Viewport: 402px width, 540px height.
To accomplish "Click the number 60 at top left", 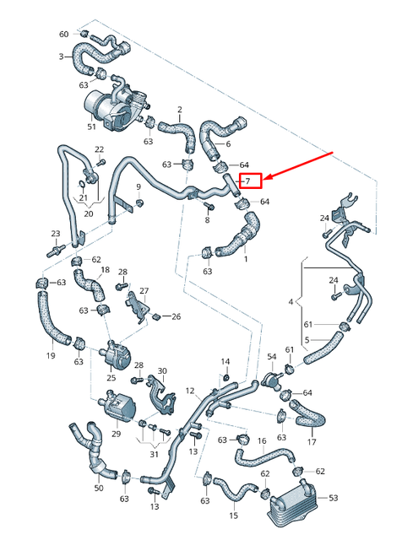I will coord(63,34).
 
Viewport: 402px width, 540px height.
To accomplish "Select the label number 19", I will coord(50,356).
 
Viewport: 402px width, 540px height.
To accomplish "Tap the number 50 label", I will coord(98,488).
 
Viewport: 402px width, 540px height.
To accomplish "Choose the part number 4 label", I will coord(291,300).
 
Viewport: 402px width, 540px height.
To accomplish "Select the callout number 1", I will coord(246,259).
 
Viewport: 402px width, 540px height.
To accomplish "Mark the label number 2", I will coord(179,110).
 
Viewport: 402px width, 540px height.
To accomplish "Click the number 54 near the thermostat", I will coord(271,357).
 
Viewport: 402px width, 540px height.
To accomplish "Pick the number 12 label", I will coord(190,390).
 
